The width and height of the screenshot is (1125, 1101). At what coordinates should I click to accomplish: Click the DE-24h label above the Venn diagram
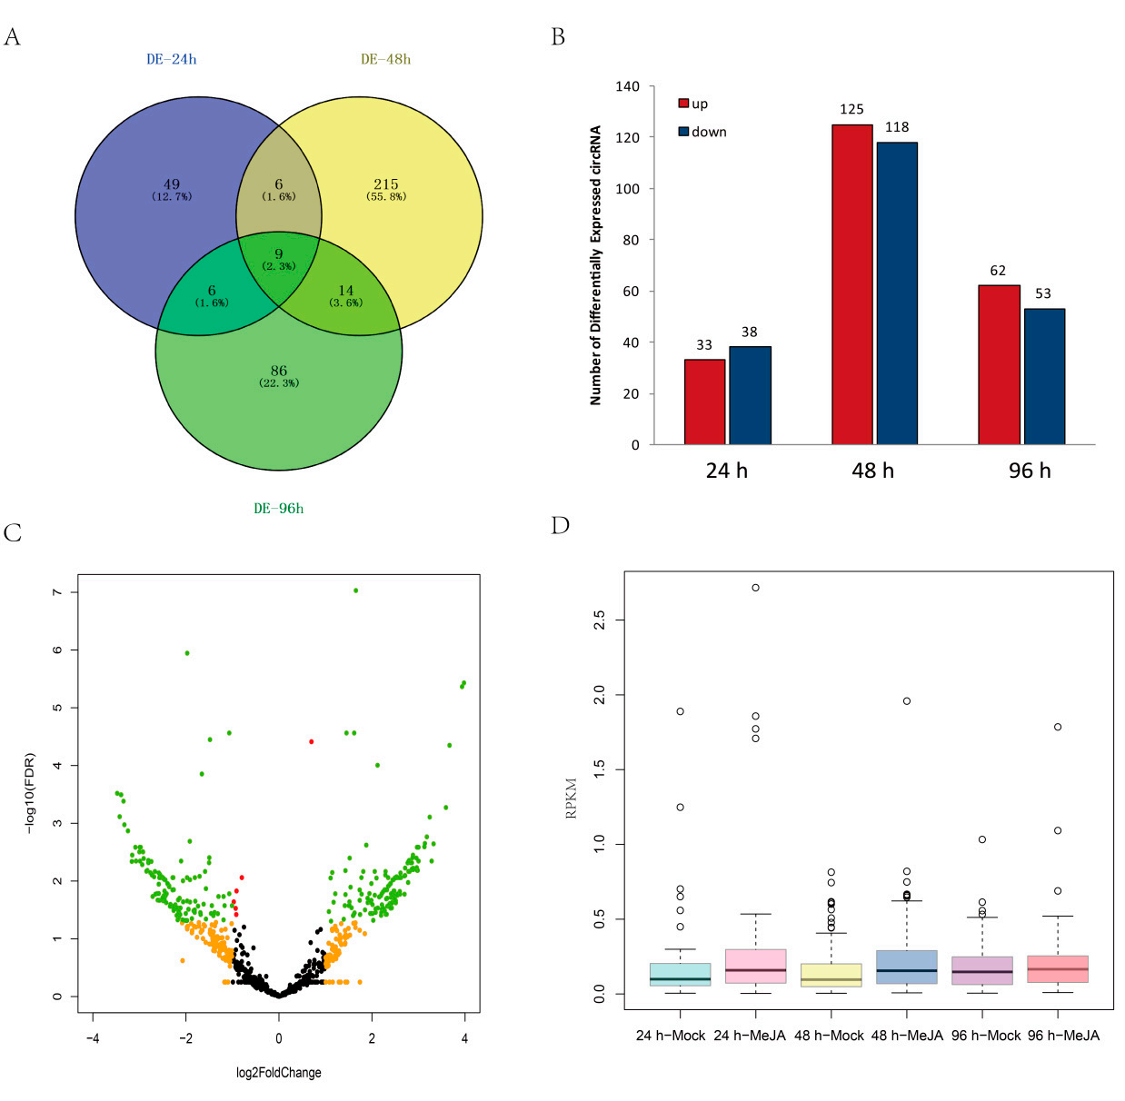coord(171,59)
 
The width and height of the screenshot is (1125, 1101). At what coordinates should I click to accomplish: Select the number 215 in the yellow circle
coord(385,184)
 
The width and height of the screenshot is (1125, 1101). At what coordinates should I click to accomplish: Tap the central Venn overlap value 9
coord(279,254)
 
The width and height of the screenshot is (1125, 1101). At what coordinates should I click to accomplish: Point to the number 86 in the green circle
coord(279,371)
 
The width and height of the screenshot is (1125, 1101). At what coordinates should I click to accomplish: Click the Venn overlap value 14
coord(345,291)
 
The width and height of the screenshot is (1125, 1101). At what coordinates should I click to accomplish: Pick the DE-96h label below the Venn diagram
coord(278,509)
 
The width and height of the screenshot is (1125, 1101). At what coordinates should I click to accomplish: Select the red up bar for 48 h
coord(851,284)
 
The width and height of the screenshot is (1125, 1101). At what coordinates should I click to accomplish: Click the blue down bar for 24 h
coord(750,395)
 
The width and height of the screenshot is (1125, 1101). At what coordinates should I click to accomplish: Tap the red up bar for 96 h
coord(999,364)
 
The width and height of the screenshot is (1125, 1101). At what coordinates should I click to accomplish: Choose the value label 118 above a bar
coord(897,127)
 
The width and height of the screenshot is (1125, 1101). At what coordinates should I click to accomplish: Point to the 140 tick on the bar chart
coord(627,87)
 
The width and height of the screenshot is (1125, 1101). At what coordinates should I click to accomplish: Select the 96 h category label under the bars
coord(1030,471)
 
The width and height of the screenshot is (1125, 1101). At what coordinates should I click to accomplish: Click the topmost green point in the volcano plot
coord(355,590)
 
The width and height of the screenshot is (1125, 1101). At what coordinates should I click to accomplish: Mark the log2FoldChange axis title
coord(278,1073)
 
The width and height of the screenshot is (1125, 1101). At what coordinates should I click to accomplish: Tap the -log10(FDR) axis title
coord(30,793)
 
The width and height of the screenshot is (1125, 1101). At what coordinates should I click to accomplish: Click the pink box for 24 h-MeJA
coord(755,966)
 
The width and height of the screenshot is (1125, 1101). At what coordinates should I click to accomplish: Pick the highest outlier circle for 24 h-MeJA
coord(755,588)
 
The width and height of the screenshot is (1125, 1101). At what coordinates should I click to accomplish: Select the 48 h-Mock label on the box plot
coord(829,1036)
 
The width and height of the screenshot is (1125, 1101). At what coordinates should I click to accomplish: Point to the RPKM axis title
coord(571,798)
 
